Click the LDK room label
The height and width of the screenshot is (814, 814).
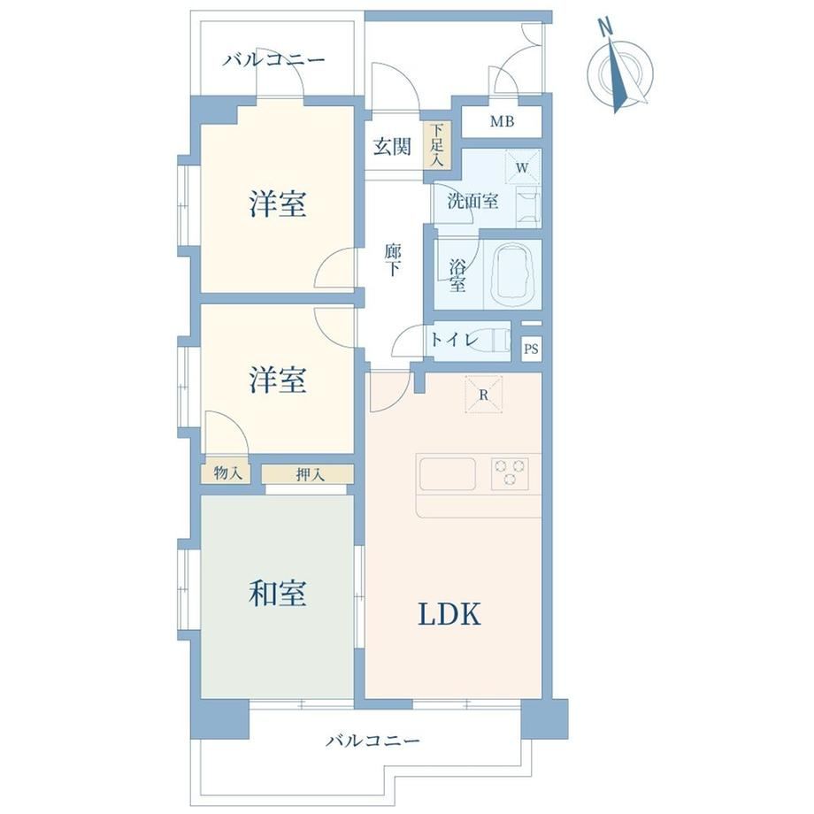[449, 614]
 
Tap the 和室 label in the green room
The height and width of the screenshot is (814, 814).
[277, 593]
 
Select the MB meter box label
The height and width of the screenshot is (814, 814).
[502, 121]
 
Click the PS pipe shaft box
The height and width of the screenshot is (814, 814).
[531, 349]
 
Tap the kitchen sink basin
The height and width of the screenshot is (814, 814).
[448, 474]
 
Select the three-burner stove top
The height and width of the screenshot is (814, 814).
[510, 474]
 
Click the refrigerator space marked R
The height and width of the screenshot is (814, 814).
[483, 395]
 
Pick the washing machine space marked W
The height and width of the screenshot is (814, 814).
[523, 167]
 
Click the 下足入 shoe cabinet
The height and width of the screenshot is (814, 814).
[438, 144]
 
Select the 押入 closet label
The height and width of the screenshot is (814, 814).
[311, 474]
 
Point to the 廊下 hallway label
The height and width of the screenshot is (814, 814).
[393, 260]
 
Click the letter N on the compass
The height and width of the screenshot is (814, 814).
[604, 27]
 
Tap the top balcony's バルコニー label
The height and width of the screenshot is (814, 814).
[274, 59]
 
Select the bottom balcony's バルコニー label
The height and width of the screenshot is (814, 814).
[372, 740]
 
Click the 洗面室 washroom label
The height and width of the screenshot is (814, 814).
[473, 201]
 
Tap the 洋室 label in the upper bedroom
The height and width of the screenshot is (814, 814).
[277, 204]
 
